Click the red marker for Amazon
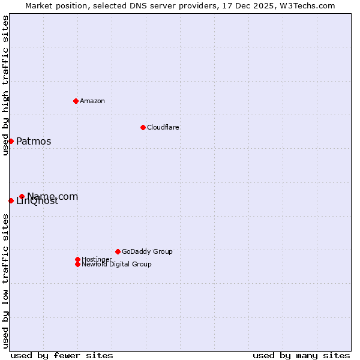(x=76, y=101)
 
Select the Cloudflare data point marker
(x=143, y=127)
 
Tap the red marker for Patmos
(x=11, y=141)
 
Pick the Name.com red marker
(x=22, y=196)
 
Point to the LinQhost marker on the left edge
(x=11, y=200)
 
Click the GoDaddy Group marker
(x=118, y=251)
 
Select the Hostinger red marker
(x=77, y=259)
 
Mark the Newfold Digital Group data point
(x=77, y=264)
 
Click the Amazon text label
(x=92, y=101)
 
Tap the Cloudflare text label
(x=163, y=127)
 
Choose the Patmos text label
(x=34, y=142)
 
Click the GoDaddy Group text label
(x=147, y=251)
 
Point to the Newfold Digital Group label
(x=116, y=264)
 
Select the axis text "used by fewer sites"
(x=62, y=355)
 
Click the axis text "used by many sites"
(x=301, y=355)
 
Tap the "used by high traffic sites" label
(x=5, y=85)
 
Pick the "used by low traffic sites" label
(x=5, y=281)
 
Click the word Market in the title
(x=39, y=5)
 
